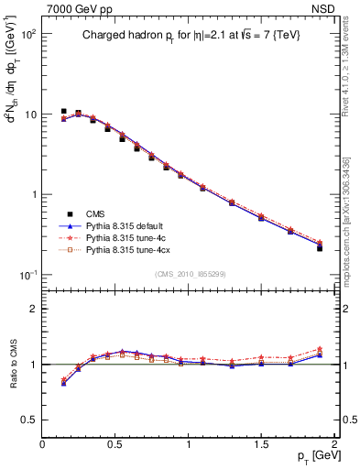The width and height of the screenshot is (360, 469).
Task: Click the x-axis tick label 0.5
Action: [115, 443]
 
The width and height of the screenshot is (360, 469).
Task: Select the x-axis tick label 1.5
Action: [262, 443]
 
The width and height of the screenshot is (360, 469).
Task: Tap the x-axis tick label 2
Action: [335, 443]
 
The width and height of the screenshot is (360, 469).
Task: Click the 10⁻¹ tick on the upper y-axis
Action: [28, 275]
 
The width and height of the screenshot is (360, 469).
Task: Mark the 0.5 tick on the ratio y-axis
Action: [30, 420]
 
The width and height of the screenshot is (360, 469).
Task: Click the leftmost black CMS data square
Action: [64, 112]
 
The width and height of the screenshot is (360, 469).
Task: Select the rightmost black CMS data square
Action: [320, 247]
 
